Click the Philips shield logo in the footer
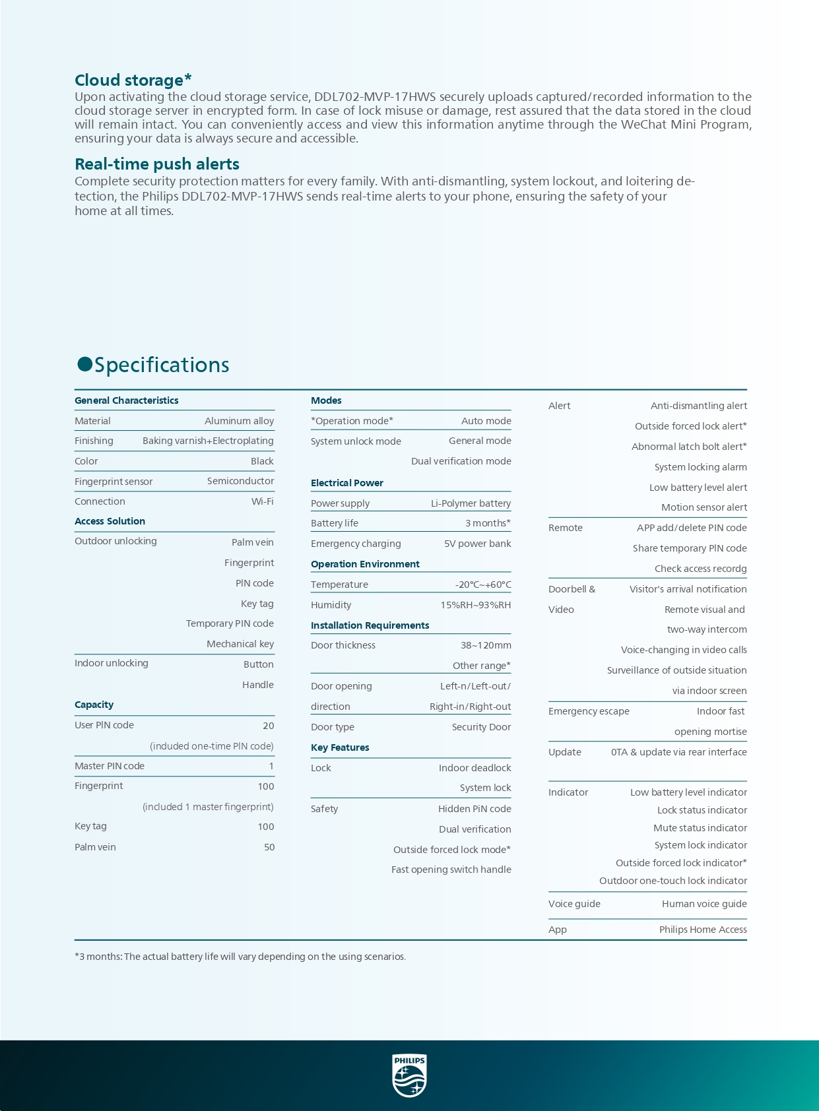[x=409, y=1075]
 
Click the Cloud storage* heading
[x=133, y=80]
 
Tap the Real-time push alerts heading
[x=157, y=164]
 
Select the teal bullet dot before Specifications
[x=84, y=364]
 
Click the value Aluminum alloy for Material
[x=239, y=421]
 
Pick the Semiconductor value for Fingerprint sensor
[x=240, y=481]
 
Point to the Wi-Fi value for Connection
[x=262, y=501]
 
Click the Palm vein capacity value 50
[x=269, y=847]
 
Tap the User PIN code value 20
[x=268, y=726]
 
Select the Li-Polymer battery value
[x=471, y=503]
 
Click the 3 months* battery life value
[x=488, y=523]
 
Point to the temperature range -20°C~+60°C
[x=483, y=585]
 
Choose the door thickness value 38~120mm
[x=486, y=645]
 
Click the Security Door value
[x=481, y=727]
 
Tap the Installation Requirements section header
[x=370, y=625]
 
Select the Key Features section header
[x=340, y=747]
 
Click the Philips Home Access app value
[x=703, y=930]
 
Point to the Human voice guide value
[x=704, y=904]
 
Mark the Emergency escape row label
[x=589, y=711]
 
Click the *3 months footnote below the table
[x=240, y=957]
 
